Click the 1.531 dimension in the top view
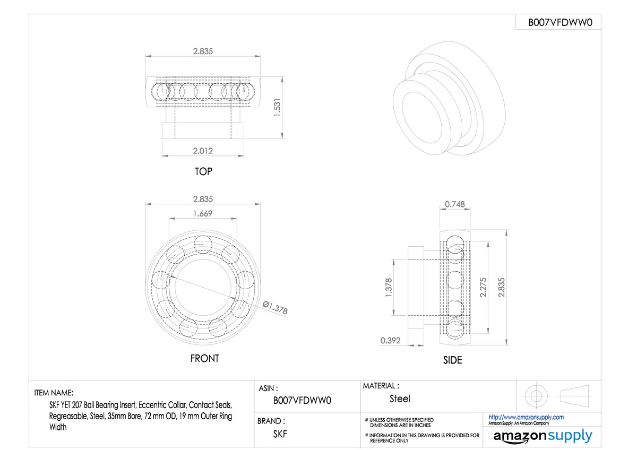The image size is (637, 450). pos(277,107)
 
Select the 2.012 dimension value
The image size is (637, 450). pos(203,151)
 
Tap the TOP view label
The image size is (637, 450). pos(203,171)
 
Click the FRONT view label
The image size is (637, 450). pos(204,358)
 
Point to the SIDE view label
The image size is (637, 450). pos(452,360)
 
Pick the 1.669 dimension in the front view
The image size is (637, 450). pos(203,213)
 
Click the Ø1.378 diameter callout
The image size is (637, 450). pos(275,308)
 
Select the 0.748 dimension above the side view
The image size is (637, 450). pos(455,204)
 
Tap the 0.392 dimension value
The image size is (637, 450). pos(390,340)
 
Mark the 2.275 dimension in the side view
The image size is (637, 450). pos(483,288)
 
